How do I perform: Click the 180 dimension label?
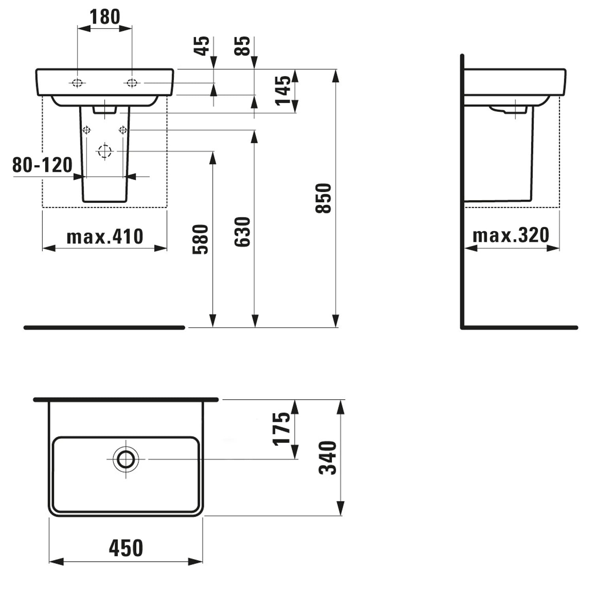[x=105, y=17]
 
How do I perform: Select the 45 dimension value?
[x=203, y=46]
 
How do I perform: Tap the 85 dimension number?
[x=243, y=46]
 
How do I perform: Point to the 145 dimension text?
[x=283, y=91]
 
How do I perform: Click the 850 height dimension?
[x=323, y=198]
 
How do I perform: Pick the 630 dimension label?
[x=242, y=232]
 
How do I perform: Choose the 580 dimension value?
[x=200, y=239]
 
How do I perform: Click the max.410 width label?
[x=105, y=237]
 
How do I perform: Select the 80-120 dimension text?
[x=42, y=165]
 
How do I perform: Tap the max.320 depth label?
[x=511, y=236]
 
